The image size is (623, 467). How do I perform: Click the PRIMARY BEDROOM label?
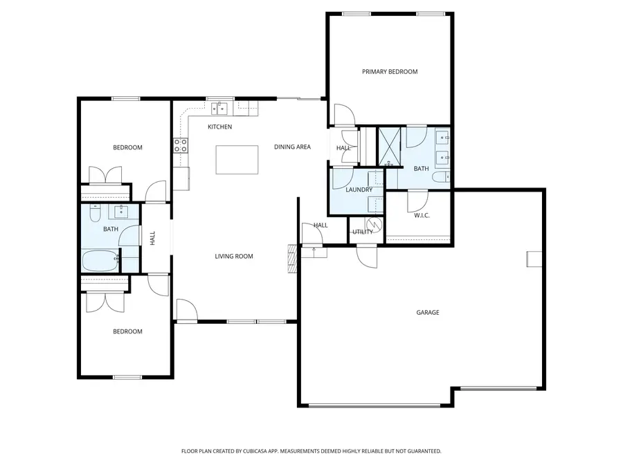(x=390, y=71)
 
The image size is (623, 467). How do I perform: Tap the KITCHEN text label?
(x=219, y=127)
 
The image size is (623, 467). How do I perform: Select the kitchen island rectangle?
(x=237, y=160)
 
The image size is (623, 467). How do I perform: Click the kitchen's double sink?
(x=220, y=107)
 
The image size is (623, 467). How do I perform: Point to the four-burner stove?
(x=180, y=145)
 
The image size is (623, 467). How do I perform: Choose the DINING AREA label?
(x=292, y=147)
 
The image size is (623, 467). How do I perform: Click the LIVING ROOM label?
(x=233, y=257)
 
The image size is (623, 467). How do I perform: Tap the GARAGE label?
(x=427, y=313)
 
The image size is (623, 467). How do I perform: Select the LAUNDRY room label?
(x=359, y=190)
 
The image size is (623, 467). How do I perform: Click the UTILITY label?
(x=362, y=232)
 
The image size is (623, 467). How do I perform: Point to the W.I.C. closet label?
(x=422, y=216)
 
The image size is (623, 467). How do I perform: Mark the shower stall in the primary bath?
(x=390, y=147)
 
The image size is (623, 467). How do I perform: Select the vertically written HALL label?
(x=152, y=238)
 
